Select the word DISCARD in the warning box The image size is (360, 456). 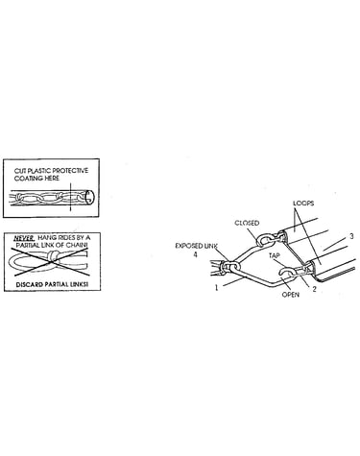[30, 284]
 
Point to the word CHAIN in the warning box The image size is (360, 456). [78, 246]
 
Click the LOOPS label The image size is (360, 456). [303, 203]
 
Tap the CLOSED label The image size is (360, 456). [247, 223]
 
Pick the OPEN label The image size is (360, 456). [291, 294]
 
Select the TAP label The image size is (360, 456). [274, 255]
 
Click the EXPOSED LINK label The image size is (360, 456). [196, 246]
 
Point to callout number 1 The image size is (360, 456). [216, 288]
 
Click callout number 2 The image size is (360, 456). [314, 289]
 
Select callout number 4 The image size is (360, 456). [195, 254]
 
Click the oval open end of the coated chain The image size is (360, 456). [90, 197]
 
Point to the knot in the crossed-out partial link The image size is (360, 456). [54, 256]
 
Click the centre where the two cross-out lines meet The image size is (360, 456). [51, 262]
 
